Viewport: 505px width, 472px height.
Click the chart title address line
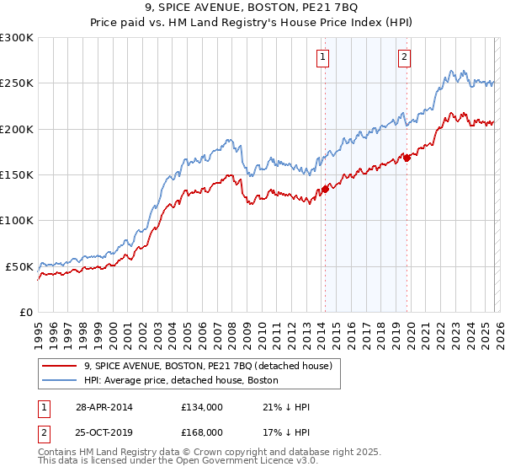[x=252, y=8]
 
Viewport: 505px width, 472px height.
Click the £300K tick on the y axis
[x=17, y=38]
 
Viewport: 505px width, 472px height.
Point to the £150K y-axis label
[x=17, y=174]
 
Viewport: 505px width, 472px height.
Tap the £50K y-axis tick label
[x=19, y=266]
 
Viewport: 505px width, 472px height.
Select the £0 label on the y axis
[x=27, y=312]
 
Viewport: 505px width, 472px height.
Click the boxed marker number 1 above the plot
[x=323, y=57]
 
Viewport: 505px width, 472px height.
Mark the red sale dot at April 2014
[x=324, y=190]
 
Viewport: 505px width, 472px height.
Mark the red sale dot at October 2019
[x=407, y=158]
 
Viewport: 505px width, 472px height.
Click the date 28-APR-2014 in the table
[x=98, y=407]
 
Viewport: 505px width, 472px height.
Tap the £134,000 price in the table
[x=201, y=407]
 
